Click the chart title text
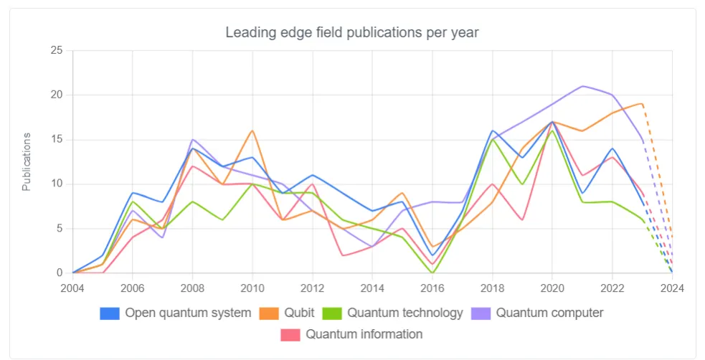pyautogui.click(x=351, y=32)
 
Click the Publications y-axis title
pyautogui.click(x=27, y=161)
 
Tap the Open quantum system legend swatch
pyautogui.click(x=110, y=313)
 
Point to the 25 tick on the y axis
pyautogui.click(x=57, y=50)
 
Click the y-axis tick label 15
pyautogui.click(x=57, y=140)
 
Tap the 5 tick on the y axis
pyautogui.click(x=60, y=229)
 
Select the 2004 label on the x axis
pyautogui.click(x=72, y=288)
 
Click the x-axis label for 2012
pyautogui.click(x=312, y=288)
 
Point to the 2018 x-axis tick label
pyautogui.click(x=492, y=288)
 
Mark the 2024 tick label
pyautogui.click(x=672, y=288)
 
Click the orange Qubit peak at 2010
pyautogui.click(x=252, y=131)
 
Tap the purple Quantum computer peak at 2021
pyautogui.click(x=582, y=86)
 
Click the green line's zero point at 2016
pyautogui.click(x=432, y=273)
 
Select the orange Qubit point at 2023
pyautogui.click(x=642, y=104)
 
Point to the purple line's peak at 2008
pyautogui.click(x=192, y=139)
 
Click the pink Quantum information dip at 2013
pyautogui.click(x=342, y=255)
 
